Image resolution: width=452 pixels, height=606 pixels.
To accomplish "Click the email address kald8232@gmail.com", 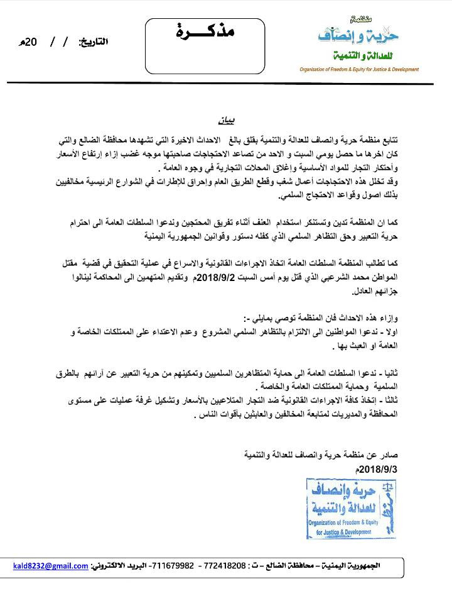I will pos(50,566).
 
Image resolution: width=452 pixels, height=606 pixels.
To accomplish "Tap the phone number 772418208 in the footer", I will pos(227,566).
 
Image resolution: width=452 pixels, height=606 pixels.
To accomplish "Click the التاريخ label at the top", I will pos(92,42).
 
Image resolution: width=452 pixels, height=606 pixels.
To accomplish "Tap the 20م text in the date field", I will pos(31,42).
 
